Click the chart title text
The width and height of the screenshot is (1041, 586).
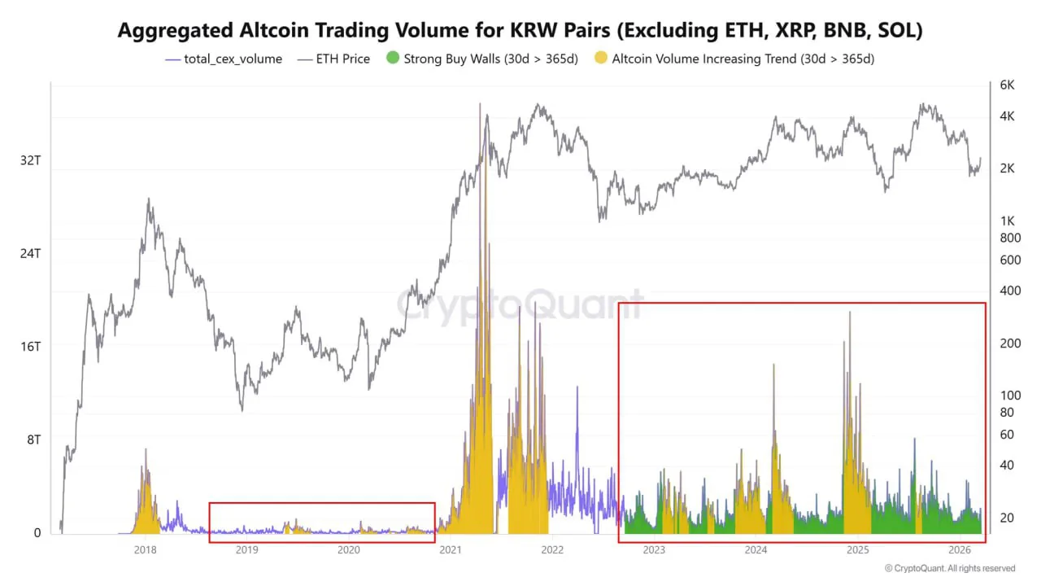click(x=520, y=30)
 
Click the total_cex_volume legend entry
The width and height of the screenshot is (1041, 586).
click(x=224, y=59)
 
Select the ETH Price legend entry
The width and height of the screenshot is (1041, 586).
click(x=333, y=59)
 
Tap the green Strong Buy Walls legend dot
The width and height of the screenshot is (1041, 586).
click(x=394, y=59)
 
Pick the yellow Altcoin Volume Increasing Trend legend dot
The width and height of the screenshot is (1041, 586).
click(x=601, y=59)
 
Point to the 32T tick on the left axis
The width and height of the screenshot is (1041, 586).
click(x=30, y=160)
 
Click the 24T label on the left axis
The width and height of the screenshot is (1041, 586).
click(x=30, y=253)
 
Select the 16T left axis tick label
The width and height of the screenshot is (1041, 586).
click(x=30, y=346)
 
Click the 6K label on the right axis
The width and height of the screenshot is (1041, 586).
click(x=1007, y=85)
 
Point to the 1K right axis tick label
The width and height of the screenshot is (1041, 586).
click(x=1007, y=221)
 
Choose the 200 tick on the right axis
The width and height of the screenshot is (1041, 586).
click(x=1009, y=343)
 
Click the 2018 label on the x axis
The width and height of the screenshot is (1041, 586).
click(x=146, y=550)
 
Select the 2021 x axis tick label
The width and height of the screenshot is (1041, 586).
click(x=451, y=550)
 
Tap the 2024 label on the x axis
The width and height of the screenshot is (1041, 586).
click(x=756, y=550)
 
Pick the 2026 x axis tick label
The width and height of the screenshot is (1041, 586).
click(x=959, y=550)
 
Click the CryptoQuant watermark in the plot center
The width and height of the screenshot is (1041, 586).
click(x=520, y=305)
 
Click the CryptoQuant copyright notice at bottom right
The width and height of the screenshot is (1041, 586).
click(x=949, y=568)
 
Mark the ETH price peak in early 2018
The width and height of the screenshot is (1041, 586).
click(x=149, y=199)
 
